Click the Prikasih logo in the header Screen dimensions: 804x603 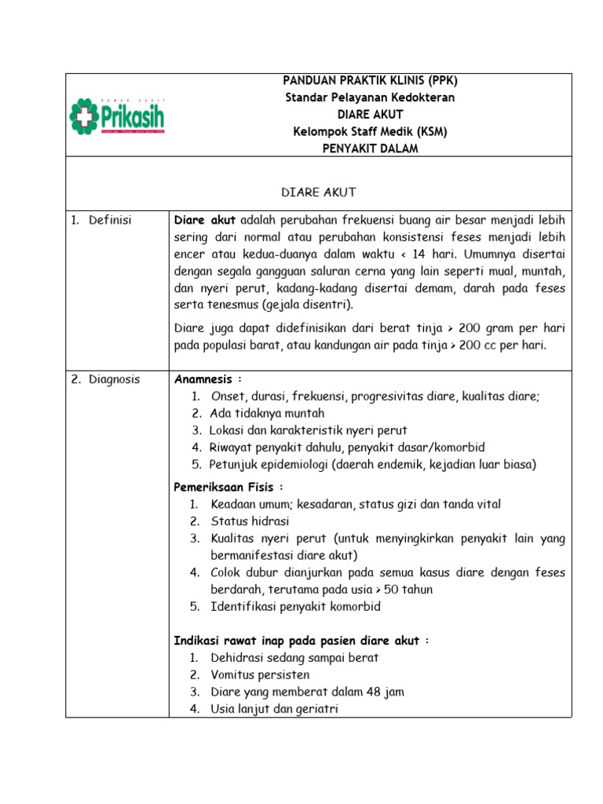click(117, 115)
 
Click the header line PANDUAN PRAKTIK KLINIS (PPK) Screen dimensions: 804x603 click(370, 81)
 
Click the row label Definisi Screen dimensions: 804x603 click(110, 220)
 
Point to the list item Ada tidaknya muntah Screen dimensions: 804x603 click(267, 413)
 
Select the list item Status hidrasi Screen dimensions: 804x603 click(250, 521)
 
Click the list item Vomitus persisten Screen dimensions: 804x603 click(260, 675)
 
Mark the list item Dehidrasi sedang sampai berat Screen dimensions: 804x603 click(294, 658)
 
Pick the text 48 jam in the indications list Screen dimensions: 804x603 click(387, 693)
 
